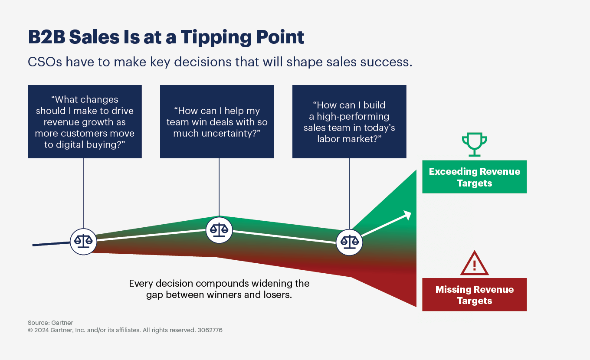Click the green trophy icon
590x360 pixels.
click(x=474, y=145)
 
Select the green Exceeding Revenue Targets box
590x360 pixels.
click(x=474, y=177)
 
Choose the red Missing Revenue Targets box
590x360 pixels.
click(x=474, y=295)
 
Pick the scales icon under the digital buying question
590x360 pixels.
click(x=83, y=241)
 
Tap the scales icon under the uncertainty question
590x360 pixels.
click(x=219, y=229)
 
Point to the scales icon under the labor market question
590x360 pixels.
click(x=349, y=242)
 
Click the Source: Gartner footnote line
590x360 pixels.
click(x=50, y=323)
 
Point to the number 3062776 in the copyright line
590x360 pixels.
click(x=210, y=330)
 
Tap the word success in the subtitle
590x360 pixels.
click(x=389, y=62)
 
